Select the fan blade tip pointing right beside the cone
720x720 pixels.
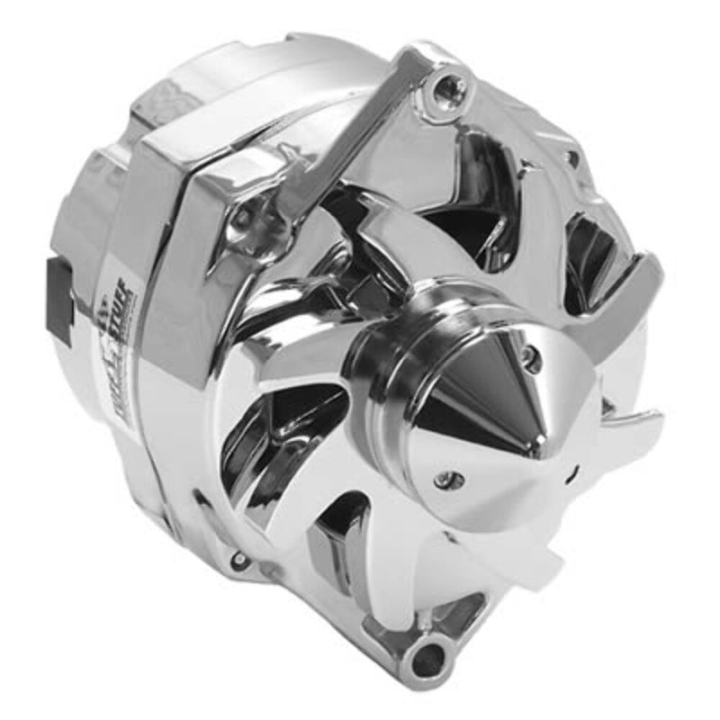pos(643,423)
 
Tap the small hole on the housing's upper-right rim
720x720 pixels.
pos(572,159)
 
